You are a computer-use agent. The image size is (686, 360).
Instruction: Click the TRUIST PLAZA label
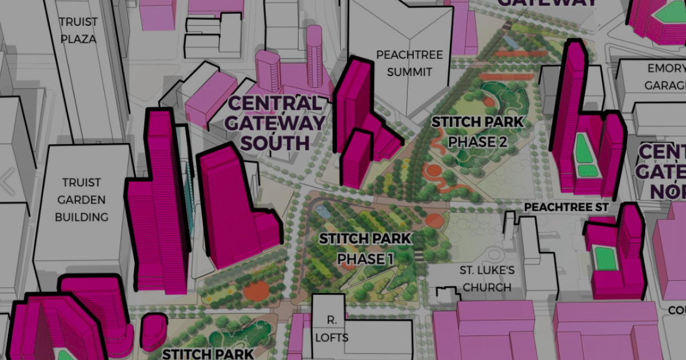79,30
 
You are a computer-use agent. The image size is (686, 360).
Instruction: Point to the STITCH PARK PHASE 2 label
477,131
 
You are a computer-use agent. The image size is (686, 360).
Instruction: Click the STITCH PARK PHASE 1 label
365,249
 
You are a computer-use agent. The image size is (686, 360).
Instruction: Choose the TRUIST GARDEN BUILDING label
85,199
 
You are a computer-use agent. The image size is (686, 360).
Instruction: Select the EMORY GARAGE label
665,77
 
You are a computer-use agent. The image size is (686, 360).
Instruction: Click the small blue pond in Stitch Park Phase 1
322,212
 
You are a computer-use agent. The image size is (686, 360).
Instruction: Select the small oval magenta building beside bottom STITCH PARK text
153,331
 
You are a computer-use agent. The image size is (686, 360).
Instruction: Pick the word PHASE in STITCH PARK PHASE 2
467,141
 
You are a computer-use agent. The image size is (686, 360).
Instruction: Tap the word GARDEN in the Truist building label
85,199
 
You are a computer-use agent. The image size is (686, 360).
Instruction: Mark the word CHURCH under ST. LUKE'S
486,287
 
